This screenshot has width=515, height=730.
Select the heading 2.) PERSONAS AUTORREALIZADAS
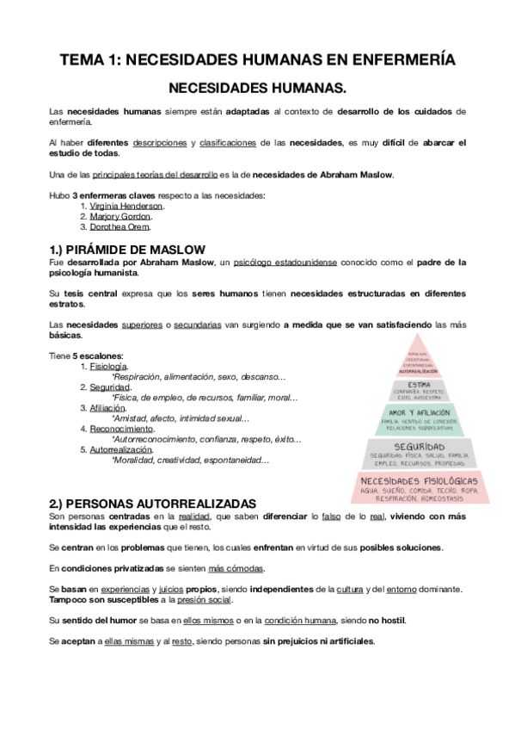coord(152,502)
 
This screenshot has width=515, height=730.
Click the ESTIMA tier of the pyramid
coord(420,389)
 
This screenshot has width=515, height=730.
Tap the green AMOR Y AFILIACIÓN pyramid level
coord(420,418)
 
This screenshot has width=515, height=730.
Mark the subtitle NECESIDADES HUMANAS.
coord(257,89)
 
